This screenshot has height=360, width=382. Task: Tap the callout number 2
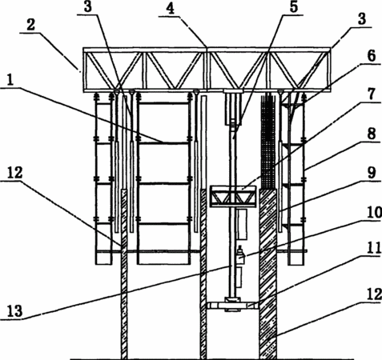click(x=30, y=26)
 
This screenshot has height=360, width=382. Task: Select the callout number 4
click(x=170, y=9)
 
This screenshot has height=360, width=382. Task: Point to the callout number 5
click(x=294, y=7)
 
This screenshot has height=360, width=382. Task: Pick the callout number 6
click(x=372, y=56)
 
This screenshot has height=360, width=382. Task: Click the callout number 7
click(x=372, y=94)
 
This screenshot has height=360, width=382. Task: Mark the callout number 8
click(x=372, y=134)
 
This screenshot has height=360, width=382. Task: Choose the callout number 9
click(x=372, y=173)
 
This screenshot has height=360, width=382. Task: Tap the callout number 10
click(x=374, y=213)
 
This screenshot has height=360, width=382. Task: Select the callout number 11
click(x=374, y=249)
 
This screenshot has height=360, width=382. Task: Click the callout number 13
click(x=15, y=311)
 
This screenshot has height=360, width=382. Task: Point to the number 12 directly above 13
click(x=15, y=173)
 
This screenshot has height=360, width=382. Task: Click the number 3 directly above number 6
click(x=362, y=19)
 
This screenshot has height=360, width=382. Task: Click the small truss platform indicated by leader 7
click(x=233, y=197)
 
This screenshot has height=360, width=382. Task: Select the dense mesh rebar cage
click(x=268, y=141)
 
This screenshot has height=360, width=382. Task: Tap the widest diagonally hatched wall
click(x=268, y=274)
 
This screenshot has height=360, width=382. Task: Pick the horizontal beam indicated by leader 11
click(x=232, y=306)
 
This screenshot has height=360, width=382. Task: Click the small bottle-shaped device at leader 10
click(x=240, y=254)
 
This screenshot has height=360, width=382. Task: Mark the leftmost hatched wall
click(x=124, y=274)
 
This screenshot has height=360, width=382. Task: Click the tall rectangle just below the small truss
click(x=242, y=225)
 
